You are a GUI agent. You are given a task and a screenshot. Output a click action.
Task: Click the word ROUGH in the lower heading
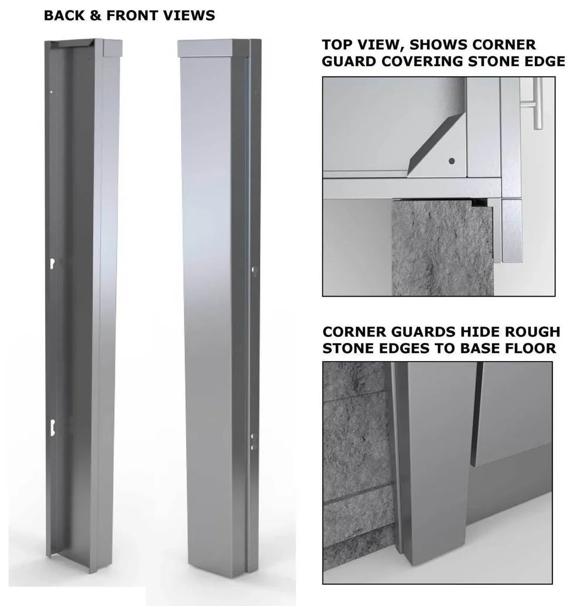coord(531,332)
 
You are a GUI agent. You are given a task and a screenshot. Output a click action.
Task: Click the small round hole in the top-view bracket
coord(451,160)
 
